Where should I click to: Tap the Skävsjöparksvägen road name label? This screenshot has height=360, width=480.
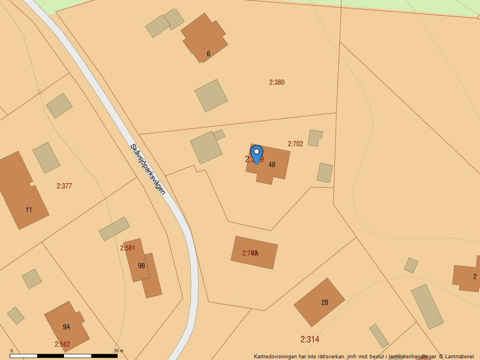pos(148,169)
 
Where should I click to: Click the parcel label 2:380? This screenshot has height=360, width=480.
pos(277,83)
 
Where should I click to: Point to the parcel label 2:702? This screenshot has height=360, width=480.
pos(296,144)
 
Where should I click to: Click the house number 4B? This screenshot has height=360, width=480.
pos(272,165)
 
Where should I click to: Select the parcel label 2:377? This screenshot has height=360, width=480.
pos(64,186)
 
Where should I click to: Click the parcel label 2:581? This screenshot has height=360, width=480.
pos(127,248)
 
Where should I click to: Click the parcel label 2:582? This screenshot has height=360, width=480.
pos(62,344)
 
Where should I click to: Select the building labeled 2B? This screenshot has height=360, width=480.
pos(319,302)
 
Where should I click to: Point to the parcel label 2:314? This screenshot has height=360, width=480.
pos(310,339)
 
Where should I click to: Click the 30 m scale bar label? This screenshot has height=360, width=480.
pos(119,351)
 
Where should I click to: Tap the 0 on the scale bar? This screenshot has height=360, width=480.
pos(11,351)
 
